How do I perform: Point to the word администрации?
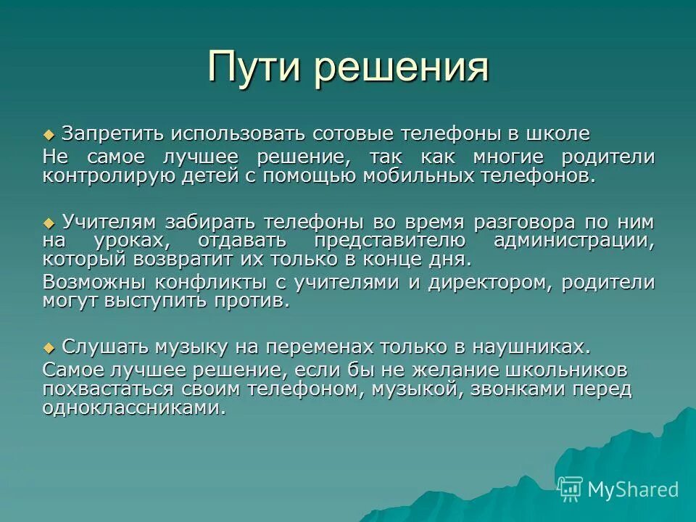[x=574, y=241]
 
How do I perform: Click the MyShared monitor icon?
[x=571, y=489]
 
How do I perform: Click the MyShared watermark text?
[x=633, y=489]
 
